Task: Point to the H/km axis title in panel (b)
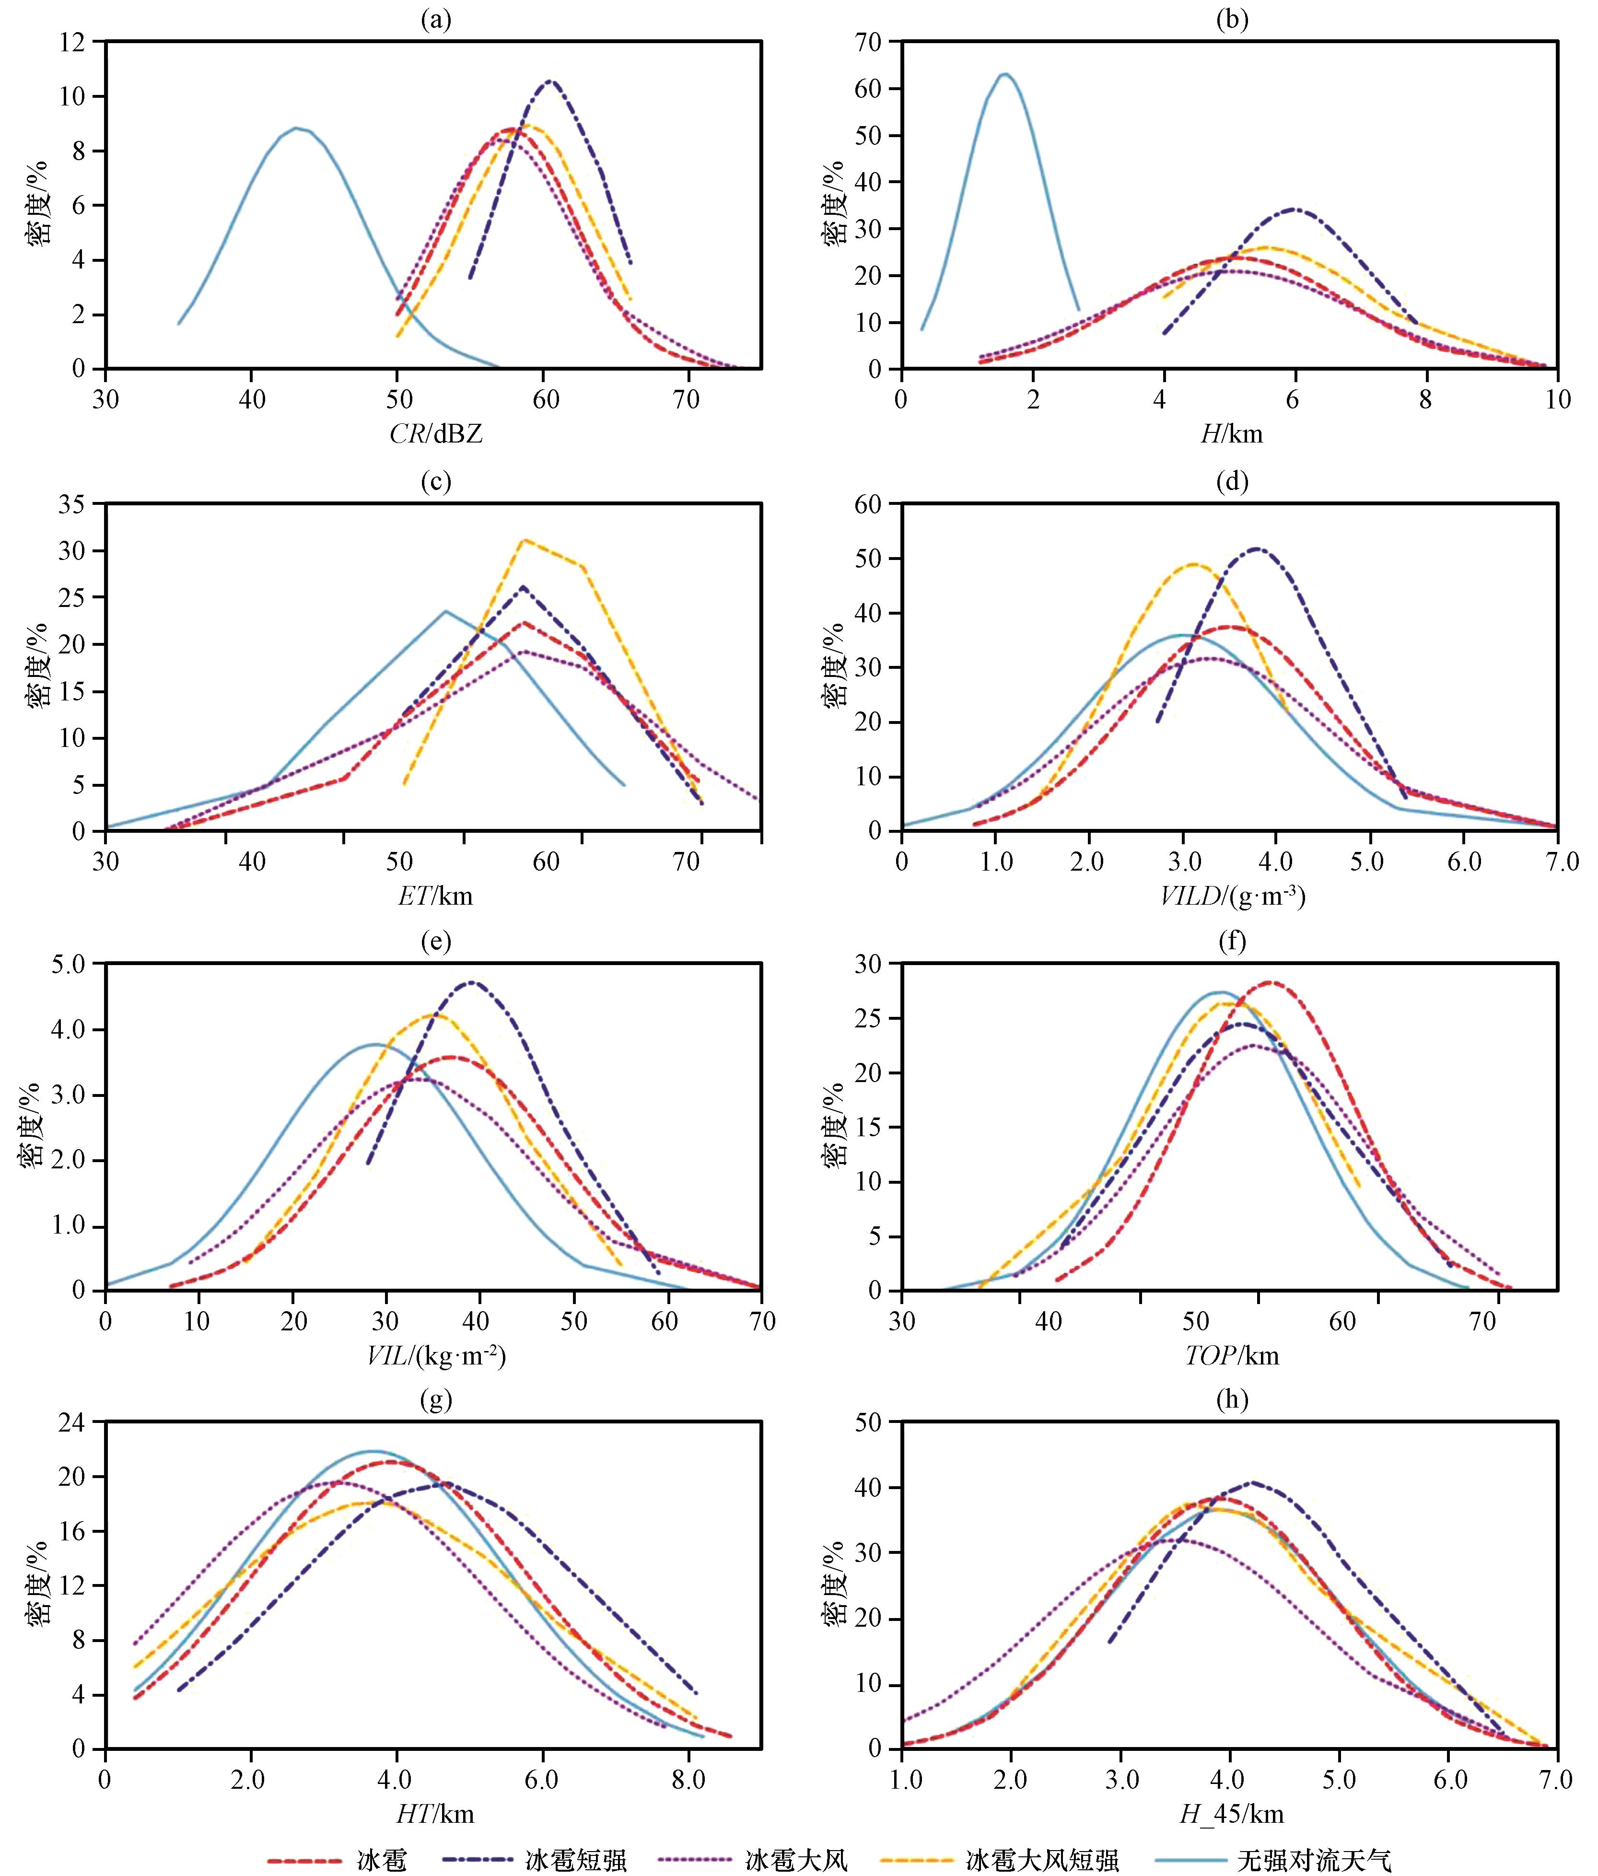point(1231,434)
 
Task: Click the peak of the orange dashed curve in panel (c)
point(524,540)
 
